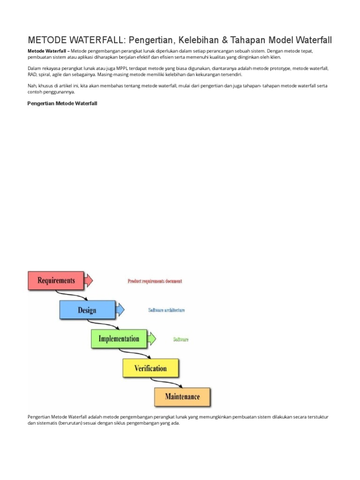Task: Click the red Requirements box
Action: tap(56, 280)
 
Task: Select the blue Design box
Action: tap(87, 310)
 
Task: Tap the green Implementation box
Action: tap(119, 338)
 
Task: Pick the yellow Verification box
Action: tap(150, 368)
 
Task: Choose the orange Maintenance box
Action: tap(182, 397)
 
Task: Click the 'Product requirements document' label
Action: tap(155, 281)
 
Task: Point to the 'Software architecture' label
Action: tap(166, 310)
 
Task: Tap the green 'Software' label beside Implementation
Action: tap(180, 339)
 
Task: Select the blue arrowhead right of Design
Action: tap(120, 309)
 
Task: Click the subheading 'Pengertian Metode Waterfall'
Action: tap(62, 103)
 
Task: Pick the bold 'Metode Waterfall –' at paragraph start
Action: tap(49, 50)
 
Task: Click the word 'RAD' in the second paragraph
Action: tap(32, 75)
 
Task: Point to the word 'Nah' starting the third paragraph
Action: tap(32, 86)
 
